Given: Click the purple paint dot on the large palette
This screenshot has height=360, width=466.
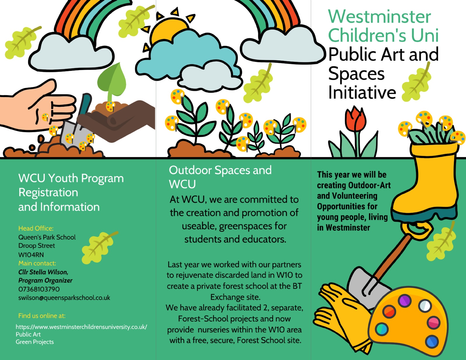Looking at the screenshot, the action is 405,301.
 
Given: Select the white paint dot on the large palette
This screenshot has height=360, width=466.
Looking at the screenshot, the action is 425,305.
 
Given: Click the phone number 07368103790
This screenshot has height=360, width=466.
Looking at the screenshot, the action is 39,289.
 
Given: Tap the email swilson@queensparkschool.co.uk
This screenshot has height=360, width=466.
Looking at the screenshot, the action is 64,298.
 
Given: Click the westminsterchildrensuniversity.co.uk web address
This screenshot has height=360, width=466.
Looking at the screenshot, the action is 82,327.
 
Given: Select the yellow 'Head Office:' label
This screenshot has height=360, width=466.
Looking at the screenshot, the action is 36,228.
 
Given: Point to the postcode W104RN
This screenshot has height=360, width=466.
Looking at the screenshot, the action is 31,255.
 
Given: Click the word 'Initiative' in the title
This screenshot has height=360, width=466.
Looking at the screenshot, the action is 362,93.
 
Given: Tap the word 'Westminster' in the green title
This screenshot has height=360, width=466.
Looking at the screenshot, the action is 379,17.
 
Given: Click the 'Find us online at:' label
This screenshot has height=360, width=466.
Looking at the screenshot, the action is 42,316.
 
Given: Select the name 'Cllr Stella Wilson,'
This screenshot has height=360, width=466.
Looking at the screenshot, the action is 43,272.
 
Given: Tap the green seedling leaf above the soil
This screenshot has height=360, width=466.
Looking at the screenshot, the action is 112,82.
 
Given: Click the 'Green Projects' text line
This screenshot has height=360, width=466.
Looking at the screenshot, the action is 35,342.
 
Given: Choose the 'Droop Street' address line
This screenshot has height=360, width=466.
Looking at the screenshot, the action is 37,246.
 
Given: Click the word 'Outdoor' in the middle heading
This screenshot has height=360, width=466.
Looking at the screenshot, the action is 190,170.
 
